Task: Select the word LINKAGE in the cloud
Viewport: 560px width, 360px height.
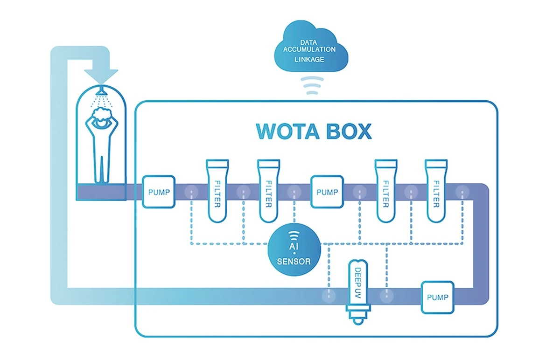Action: [310, 60]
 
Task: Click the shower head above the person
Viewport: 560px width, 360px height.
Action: [101, 89]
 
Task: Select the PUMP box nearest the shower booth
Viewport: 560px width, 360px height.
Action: [158, 192]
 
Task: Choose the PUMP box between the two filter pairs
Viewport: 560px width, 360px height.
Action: [327, 192]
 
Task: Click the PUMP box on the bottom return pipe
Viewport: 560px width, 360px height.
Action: [437, 297]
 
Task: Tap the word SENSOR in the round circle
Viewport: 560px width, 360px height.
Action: [294, 261]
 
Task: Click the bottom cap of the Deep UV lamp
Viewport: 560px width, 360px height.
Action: [357, 319]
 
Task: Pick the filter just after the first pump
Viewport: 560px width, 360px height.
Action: [217, 191]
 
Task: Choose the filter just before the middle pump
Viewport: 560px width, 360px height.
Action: [269, 191]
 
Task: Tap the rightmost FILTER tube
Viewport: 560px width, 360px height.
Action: [436, 191]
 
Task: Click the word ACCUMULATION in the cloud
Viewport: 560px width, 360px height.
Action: [310, 49]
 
